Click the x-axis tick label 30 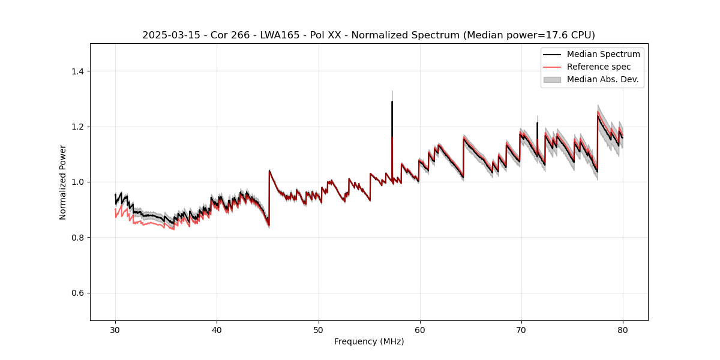[x=115, y=330]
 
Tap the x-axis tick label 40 [x=217, y=330]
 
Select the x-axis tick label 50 [x=318, y=330]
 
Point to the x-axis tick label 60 [x=419, y=330]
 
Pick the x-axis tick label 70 [x=521, y=330]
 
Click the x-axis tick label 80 [x=622, y=330]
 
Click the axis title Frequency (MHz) [x=369, y=341]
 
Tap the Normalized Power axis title [x=63, y=182]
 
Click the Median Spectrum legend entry [x=603, y=54]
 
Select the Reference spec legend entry [x=599, y=67]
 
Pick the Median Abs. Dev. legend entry [x=602, y=79]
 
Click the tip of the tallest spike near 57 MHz [x=392, y=101]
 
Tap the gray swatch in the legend [x=552, y=79]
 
